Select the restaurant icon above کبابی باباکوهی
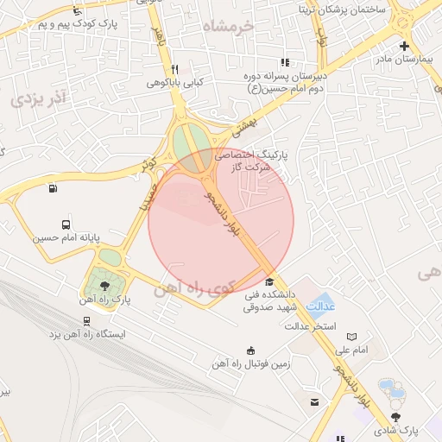(174, 69)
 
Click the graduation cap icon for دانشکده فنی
(269, 282)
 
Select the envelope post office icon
(314, 402)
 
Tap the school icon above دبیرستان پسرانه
(285, 62)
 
